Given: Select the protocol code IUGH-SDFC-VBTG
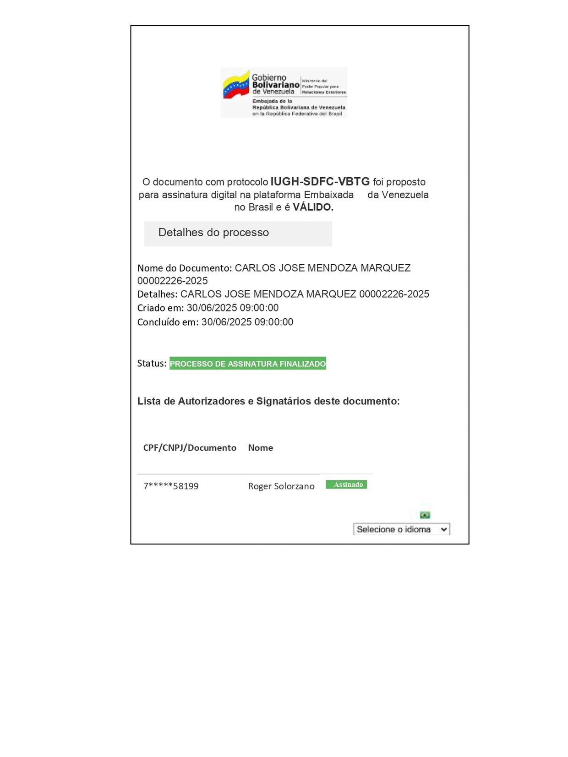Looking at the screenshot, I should tap(320, 182).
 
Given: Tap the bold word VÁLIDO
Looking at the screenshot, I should tap(313, 207).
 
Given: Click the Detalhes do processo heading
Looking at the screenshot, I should tap(213, 233).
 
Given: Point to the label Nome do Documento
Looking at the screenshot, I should tap(184, 268).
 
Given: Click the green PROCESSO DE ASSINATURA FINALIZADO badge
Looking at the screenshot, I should tap(248, 364).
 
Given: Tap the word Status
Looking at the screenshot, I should tap(151, 364).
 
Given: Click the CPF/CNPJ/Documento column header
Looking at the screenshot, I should tap(190, 448).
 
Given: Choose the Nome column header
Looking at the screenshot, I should tap(260, 448).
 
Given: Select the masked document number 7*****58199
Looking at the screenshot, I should tap(171, 486).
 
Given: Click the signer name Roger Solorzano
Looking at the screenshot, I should tap(281, 486).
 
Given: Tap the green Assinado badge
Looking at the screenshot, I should tap(346, 485).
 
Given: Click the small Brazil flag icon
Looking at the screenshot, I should tap(425, 515).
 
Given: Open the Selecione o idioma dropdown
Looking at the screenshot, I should tap(401, 529).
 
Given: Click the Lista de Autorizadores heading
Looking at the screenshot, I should tap(268, 402).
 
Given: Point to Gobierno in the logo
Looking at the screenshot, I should tap(269, 78).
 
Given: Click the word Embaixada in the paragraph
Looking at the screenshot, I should tap(328, 195).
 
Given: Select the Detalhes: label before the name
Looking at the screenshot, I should tap(157, 294).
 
